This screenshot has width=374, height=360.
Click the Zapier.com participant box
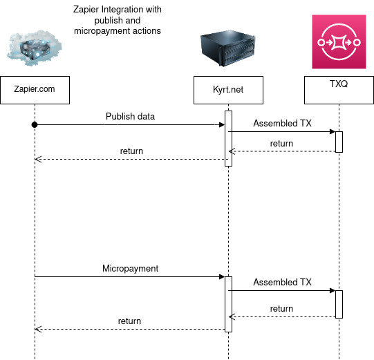[34, 89]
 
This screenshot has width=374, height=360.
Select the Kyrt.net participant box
[227, 89]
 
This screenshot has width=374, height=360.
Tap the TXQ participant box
[339, 89]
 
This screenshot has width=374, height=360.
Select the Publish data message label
[130, 116]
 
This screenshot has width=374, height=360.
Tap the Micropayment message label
[130, 268]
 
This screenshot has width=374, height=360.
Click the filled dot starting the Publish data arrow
[34, 125]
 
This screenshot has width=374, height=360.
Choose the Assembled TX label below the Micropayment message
[282, 282]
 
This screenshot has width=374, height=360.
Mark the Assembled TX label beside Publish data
[282, 124]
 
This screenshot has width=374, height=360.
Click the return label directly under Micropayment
[129, 321]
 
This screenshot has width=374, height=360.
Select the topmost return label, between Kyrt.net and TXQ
[281, 143]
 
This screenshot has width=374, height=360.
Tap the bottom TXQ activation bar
[339, 304]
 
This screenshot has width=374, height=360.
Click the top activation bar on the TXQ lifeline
[339, 141]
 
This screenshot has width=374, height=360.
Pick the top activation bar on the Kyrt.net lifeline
[227, 138]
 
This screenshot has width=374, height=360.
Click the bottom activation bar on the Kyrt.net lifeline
[227, 304]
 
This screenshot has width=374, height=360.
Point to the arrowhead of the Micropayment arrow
[221, 277]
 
